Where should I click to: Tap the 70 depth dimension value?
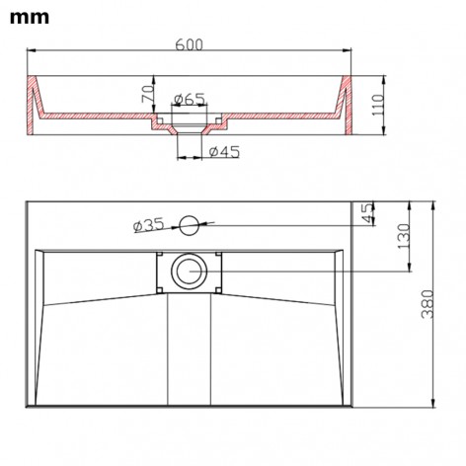click(x=145, y=96)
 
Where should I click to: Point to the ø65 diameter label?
click(x=188, y=98)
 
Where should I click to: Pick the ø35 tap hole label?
click(x=148, y=226)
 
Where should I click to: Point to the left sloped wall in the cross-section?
click(x=38, y=105)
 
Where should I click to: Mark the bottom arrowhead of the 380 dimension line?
click(x=433, y=405)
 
